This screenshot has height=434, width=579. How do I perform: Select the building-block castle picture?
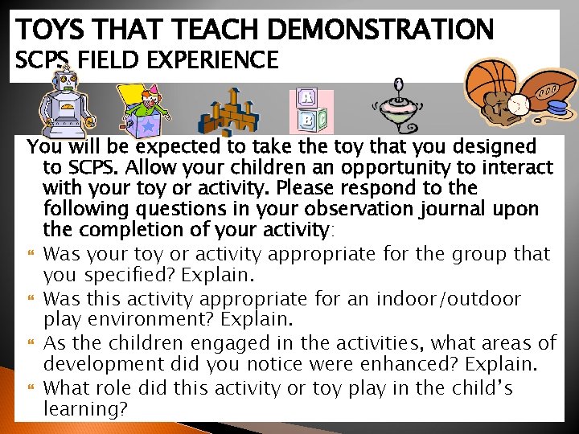click(230, 112)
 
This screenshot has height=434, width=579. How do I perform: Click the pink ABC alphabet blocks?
click(311, 111)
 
